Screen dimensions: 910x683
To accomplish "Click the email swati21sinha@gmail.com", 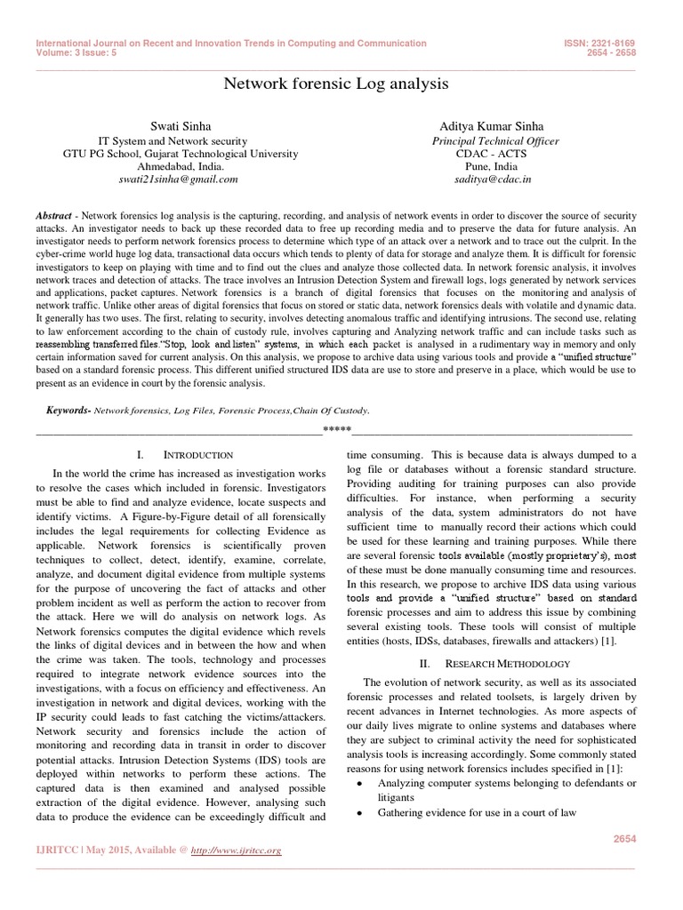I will pos(179,179).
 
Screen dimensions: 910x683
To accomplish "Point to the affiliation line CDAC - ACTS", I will pos(495,153).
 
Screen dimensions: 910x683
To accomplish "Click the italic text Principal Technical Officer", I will pos(495,140).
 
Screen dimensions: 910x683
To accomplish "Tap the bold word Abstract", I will pos(53,216).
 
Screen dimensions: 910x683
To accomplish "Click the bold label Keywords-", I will pos(68,411).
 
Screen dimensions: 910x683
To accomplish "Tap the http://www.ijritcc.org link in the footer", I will pos(237,850).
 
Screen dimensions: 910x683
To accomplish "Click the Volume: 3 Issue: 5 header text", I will pos(75,52).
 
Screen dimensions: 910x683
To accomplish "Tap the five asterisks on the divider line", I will pos(337,431).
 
